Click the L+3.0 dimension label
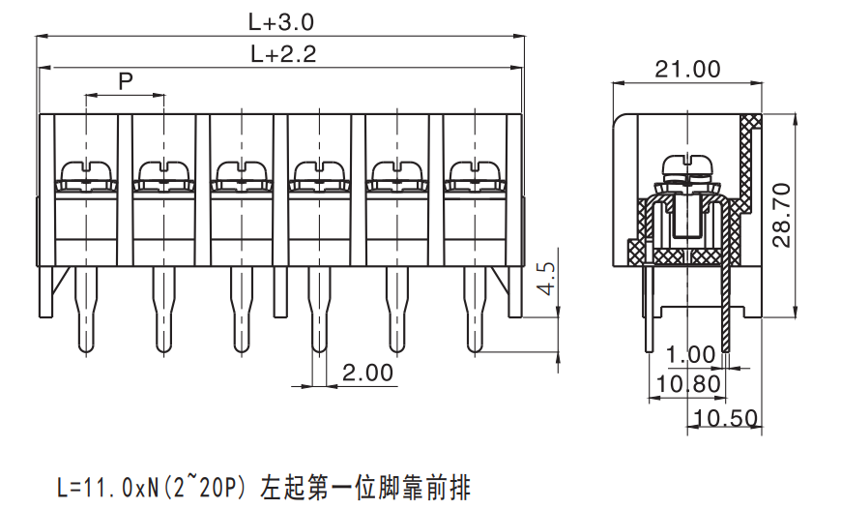[280, 22]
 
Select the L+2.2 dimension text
[283, 53]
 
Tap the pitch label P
[126, 81]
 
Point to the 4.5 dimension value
[547, 279]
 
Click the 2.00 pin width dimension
[367, 373]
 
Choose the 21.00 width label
[687, 70]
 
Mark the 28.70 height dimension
[782, 215]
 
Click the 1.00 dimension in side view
[690, 354]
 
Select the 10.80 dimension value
[688, 384]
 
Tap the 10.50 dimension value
[726, 418]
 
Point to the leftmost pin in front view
[86, 310]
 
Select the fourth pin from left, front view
[319, 310]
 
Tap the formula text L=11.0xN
[107, 488]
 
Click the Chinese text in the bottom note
[365, 487]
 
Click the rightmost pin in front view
[474, 310]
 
